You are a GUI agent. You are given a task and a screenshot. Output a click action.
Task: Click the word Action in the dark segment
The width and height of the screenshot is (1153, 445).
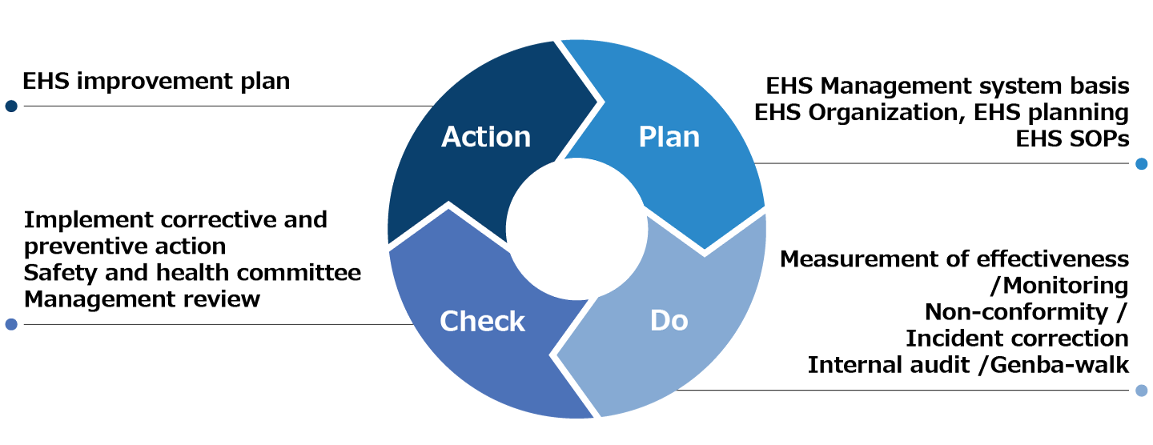[486, 137]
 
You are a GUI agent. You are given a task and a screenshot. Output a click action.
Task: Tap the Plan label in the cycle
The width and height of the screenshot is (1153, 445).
[669, 137]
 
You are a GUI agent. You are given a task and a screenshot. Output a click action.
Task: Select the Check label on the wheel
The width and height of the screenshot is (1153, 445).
[482, 321]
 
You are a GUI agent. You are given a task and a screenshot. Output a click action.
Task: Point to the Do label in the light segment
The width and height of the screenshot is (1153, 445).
[669, 320]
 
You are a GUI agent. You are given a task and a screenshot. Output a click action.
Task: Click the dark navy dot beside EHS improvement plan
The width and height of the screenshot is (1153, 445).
[11, 106]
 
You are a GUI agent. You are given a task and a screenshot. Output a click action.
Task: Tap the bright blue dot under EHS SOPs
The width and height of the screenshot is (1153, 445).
[1142, 163]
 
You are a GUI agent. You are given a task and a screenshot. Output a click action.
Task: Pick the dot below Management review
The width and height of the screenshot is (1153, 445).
[11, 324]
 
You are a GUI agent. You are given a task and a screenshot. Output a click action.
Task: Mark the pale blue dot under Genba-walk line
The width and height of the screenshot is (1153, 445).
[1142, 391]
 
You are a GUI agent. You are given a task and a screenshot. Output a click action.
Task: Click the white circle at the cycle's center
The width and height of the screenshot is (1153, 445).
[576, 229]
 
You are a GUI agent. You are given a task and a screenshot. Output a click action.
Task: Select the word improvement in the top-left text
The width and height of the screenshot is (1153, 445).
[155, 82]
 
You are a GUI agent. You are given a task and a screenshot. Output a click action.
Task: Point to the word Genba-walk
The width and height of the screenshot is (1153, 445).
[1059, 365]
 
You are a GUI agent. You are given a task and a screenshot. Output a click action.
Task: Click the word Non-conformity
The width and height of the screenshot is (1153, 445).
[1017, 312]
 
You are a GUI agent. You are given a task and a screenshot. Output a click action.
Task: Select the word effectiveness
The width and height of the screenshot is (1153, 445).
[1053, 259]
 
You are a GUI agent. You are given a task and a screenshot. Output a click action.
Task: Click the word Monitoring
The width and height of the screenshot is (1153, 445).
[1066, 286]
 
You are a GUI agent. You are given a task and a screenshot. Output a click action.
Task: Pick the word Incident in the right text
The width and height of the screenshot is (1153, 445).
[946, 339]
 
